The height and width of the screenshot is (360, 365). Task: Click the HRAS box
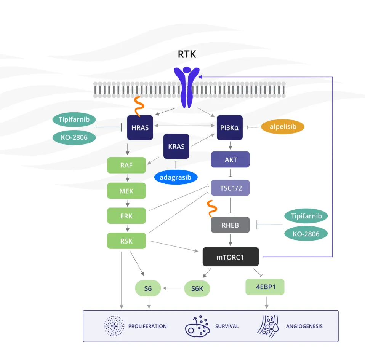pos(140,127)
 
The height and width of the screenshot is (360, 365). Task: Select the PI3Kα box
pos(230,127)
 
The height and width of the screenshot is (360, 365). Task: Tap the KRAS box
pos(176,146)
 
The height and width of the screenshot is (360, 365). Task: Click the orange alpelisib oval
pos(282,127)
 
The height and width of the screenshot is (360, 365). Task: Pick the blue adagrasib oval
pos(176,177)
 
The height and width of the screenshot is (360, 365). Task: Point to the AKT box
pos(230,160)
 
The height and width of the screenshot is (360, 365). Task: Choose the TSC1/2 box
pos(230,188)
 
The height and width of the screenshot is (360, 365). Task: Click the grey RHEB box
pos(230,225)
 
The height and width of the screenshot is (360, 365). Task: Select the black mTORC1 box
pos(231,257)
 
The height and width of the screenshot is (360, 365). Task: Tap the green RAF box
pos(126,165)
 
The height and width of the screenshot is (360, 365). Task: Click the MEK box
pos(126,191)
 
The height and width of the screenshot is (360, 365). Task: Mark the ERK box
pos(126,216)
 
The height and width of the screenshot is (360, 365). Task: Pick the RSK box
pos(126,241)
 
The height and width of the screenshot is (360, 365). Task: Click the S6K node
pos(197,289)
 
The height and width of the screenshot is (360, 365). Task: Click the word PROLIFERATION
pos(147,326)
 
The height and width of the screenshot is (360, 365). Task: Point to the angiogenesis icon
pos(267,326)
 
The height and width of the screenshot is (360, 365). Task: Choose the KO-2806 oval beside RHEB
pos(306,233)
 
